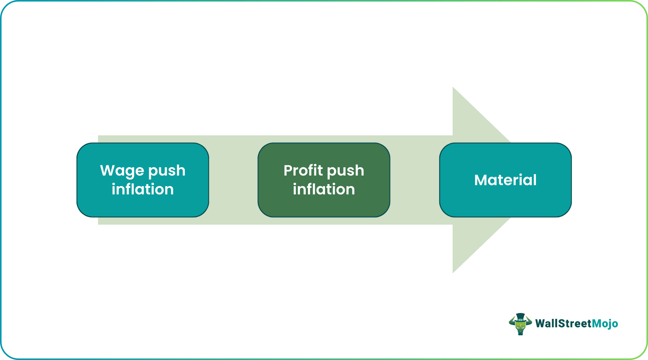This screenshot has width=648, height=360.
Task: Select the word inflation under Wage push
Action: pos(143,189)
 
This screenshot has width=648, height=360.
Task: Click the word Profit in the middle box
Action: pos(303,170)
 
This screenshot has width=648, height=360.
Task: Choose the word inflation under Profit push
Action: pos(324,189)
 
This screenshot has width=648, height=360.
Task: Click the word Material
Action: pos(505,180)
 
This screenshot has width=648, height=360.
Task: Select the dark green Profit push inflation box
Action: pos(324,206)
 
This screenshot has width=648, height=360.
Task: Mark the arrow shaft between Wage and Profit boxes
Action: pos(233,180)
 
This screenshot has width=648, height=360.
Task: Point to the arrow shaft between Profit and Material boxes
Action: pos(415,180)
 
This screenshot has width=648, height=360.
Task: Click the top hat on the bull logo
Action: pos(520,316)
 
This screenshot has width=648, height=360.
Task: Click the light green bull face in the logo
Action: pos(520,327)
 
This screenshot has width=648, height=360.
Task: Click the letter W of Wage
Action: pos(107,170)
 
